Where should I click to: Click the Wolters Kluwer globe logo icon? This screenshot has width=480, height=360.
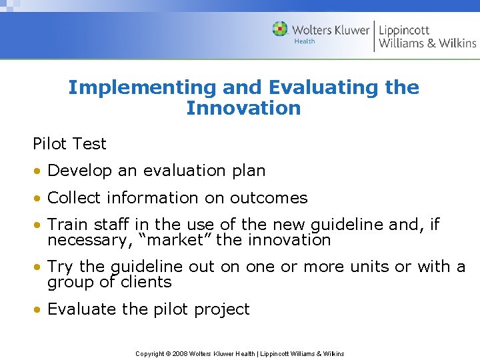coord(280,29)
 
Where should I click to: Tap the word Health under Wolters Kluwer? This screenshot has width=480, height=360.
coord(304,41)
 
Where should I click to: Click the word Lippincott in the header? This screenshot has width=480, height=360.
coord(404,29)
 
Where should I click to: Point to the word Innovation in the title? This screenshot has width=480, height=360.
coord(243,108)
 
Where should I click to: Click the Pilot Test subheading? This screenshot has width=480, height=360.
coord(69,143)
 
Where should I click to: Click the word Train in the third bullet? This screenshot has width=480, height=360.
coord(68,225)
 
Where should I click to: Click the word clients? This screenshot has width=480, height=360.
coord(146,282)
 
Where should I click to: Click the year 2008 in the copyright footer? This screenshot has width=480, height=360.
coord(180,353)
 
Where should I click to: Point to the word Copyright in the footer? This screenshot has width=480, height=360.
coord(150,353)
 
